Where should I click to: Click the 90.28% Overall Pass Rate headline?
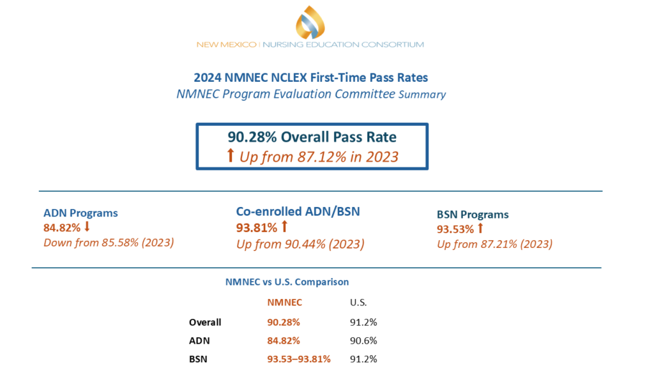[312, 137]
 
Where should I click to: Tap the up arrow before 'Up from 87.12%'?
[231, 156]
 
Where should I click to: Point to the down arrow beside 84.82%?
[87, 227]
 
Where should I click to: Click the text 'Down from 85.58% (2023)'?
[109, 242]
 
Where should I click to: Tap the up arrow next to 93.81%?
[285, 227]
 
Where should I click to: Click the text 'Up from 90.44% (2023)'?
[300, 243]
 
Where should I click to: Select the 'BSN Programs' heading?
[473, 215]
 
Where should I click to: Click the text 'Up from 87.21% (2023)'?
[494, 243]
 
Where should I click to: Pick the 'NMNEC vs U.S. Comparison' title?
[287, 281]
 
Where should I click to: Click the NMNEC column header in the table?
[284, 302]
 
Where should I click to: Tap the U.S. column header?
[359, 302]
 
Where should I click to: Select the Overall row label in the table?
[205, 322]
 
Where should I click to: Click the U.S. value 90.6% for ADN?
[363, 341]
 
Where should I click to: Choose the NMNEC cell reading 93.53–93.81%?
[299, 359]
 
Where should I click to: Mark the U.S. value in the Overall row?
[363, 322]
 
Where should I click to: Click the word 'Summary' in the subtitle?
[422, 95]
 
